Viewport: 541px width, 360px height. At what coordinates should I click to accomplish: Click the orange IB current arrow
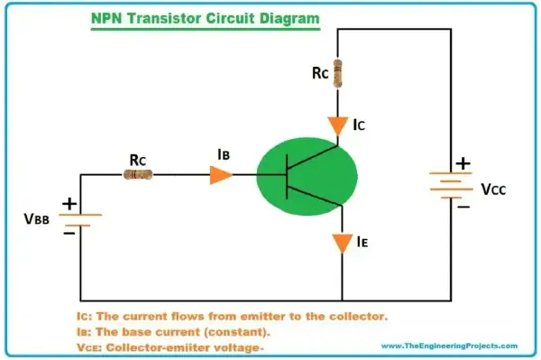tap(221, 175)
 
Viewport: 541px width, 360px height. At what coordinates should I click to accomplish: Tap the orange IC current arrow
tap(338, 126)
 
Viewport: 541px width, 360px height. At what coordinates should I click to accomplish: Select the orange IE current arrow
tap(343, 244)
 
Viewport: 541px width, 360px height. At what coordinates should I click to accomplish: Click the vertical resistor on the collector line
tap(338, 73)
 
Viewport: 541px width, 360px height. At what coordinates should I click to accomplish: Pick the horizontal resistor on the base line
tap(138, 175)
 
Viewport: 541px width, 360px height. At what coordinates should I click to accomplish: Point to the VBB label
tap(37, 219)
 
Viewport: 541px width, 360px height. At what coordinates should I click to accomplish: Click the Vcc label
tap(493, 189)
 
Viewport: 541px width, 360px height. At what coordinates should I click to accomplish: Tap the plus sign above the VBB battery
tap(69, 204)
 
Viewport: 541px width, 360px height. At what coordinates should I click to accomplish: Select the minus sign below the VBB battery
tap(69, 234)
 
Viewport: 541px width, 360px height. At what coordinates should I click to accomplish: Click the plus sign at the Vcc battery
tap(463, 163)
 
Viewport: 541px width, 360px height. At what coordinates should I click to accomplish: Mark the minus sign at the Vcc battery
tap(463, 208)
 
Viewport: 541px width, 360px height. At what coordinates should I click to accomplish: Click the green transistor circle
tap(307, 176)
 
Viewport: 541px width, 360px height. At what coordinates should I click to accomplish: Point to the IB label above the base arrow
tap(224, 154)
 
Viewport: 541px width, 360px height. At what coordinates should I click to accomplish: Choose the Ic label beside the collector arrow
tap(359, 125)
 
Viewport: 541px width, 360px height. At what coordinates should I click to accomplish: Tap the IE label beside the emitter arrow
tap(362, 242)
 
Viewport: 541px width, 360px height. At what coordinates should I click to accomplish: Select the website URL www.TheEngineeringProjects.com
tap(449, 346)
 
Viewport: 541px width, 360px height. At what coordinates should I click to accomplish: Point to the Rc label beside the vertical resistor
tap(320, 73)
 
